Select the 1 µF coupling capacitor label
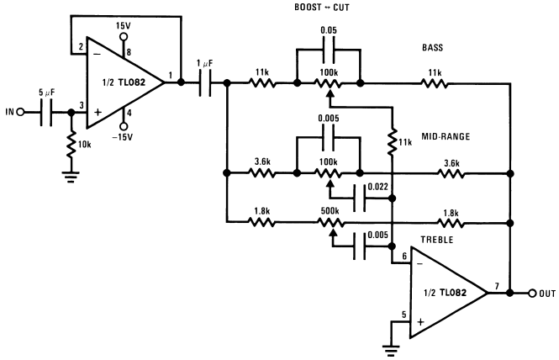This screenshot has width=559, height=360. click(205, 64)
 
